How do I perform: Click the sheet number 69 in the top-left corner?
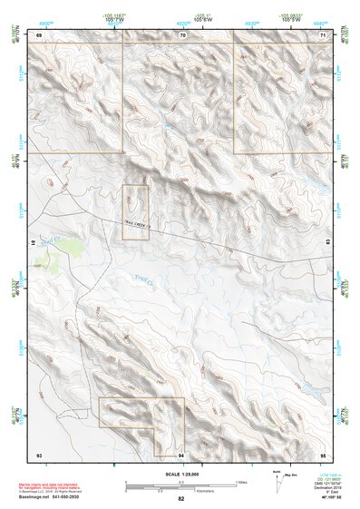coord(40,35)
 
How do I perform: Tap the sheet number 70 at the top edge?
coord(182,35)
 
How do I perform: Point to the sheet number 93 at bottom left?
coord(39,453)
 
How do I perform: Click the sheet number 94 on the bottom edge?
coord(181,453)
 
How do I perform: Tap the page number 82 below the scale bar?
coord(181,499)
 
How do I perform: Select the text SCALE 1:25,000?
coord(181,474)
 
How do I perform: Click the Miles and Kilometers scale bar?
coord(181,485)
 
